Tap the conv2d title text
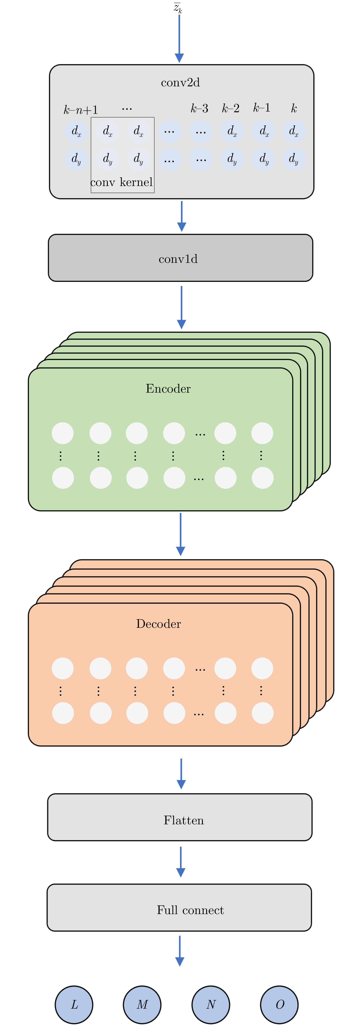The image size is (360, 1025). point(180,83)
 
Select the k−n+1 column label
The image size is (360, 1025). point(81,109)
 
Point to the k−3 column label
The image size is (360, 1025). point(199,108)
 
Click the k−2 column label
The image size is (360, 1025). point(231,108)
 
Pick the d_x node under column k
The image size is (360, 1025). point(294,131)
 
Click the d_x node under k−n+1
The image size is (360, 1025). point(76,131)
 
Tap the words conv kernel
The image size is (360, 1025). point(122,182)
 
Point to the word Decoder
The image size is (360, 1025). point(158,623)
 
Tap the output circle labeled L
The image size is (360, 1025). point(74,1004)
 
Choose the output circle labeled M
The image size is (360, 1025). point(142,1004)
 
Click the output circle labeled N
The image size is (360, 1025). point(211,1004)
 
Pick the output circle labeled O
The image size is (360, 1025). point(279,1004)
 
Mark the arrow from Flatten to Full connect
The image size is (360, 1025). point(181,861)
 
